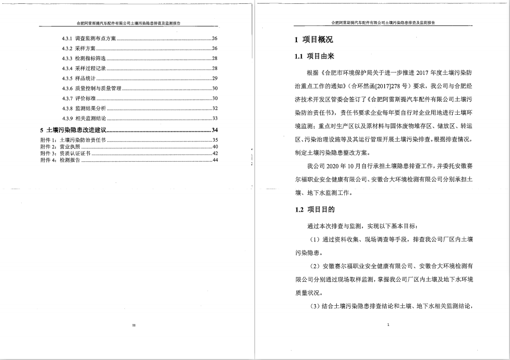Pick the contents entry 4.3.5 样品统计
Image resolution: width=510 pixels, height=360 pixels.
pyautogui.click(x=79, y=78)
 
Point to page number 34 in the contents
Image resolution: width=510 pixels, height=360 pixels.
pyautogui.click(x=215, y=130)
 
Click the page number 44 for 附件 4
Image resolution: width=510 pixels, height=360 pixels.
pyautogui.click(x=216, y=160)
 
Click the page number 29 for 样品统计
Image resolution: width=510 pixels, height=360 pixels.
pyautogui.click(x=215, y=78)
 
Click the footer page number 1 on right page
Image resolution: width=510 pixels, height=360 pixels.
pyautogui.click(x=388, y=325)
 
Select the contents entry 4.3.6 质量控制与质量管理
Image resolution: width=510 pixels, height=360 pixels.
pyautogui.click(x=91, y=88)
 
